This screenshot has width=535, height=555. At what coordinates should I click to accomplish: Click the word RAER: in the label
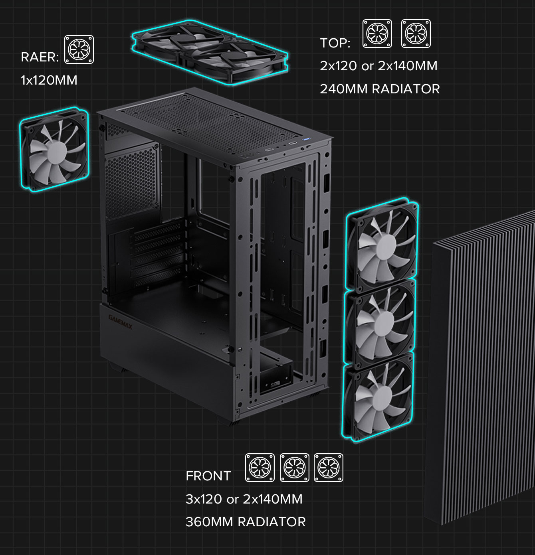pos(40,57)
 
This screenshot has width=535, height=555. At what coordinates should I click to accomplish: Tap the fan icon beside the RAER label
pos(79,49)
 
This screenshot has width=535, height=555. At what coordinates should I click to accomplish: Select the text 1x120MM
pos(49,80)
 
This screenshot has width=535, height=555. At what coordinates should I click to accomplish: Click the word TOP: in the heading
pos(335,43)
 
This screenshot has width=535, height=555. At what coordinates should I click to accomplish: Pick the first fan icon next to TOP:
pos(377,34)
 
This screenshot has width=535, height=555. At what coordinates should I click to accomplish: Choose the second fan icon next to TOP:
pos(416,34)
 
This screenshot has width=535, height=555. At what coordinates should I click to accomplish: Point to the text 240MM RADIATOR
pos(380,89)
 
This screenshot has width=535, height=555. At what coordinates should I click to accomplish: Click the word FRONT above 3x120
pos(208,476)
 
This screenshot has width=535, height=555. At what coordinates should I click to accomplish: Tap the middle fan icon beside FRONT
pos(295,467)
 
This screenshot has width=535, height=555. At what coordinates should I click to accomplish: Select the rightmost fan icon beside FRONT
pos(329,467)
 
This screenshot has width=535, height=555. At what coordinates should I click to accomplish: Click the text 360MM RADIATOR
pos(246,522)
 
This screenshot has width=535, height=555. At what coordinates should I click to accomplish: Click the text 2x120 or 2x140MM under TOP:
pos(378,66)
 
